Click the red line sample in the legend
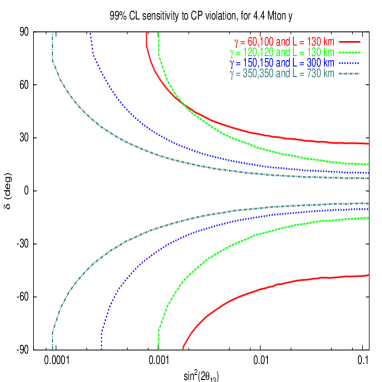tap(349, 43)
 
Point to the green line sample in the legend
tap(349, 53)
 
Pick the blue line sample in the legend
tap(349, 63)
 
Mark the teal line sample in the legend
tap(349, 73)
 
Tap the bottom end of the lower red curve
tap(183, 349)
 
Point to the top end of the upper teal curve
tap(53, 33)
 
